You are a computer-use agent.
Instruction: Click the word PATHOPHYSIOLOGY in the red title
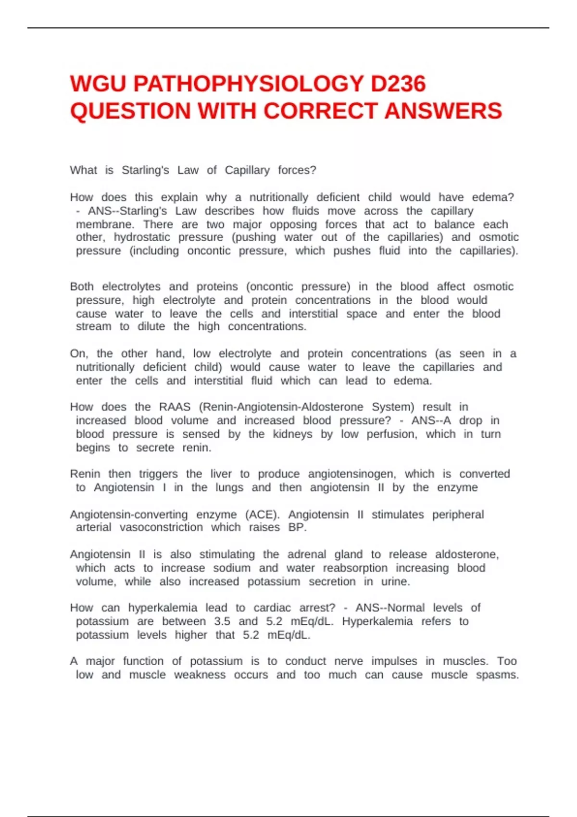(248, 84)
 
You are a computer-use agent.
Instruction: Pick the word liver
(221, 474)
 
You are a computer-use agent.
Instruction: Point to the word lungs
(229, 487)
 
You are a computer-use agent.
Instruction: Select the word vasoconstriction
(161, 527)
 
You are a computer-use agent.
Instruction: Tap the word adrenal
(307, 555)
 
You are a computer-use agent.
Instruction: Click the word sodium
(232, 568)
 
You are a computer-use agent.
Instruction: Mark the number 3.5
(222, 621)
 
